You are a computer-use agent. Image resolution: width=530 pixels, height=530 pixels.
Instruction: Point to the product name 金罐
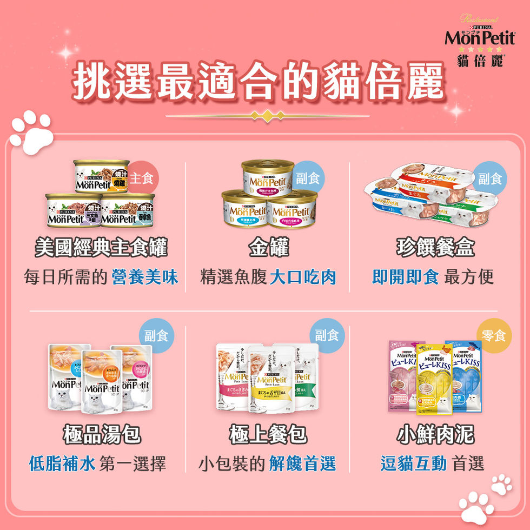point(268,248)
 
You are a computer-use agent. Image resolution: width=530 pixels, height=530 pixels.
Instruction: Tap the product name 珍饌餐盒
point(435,248)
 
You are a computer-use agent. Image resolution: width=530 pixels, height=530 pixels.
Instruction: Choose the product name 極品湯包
point(101,434)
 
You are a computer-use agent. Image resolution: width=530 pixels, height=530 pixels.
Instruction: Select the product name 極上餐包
point(268,434)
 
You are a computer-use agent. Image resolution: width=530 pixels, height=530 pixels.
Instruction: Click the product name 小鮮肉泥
point(435,434)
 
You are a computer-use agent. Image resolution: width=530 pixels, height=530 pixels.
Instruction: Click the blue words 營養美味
point(144,277)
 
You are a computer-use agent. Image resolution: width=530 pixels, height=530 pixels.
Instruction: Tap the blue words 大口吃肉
point(303,277)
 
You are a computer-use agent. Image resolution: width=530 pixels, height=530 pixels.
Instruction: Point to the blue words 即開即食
point(406,277)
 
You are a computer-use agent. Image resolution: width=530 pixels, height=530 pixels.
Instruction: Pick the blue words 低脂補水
point(62,463)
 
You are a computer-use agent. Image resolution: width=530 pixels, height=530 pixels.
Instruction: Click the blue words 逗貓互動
point(414,463)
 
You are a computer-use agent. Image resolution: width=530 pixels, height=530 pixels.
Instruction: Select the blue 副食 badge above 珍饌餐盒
point(490,178)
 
